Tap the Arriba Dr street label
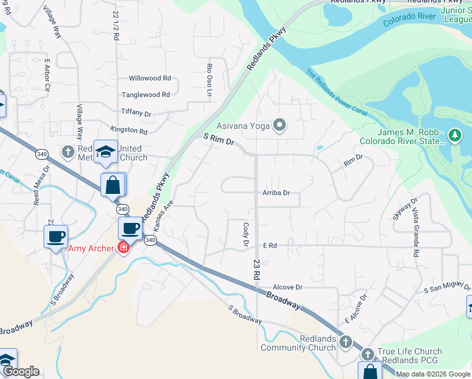click(276, 193)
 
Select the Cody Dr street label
click(246, 233)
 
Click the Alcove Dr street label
click(289, 286)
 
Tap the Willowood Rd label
click(150, 78)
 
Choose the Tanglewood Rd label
click(146, 95)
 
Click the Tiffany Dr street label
click(136, 114)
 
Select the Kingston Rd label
click(129, 131)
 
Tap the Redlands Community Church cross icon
click(345, 342)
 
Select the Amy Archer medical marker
click(123, 248)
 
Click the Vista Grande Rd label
click(415, 234)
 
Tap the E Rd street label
click(270, 244)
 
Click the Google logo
click(22, 372)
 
